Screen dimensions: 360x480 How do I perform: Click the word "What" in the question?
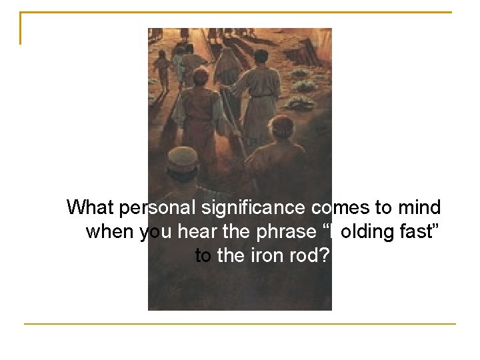click(x=91, y=208)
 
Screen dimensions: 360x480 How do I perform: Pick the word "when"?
click(x=111, y=232)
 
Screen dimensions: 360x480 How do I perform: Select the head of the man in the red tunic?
click(x=199, y=77)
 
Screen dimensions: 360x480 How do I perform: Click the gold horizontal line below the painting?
click(x=240, y=325)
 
